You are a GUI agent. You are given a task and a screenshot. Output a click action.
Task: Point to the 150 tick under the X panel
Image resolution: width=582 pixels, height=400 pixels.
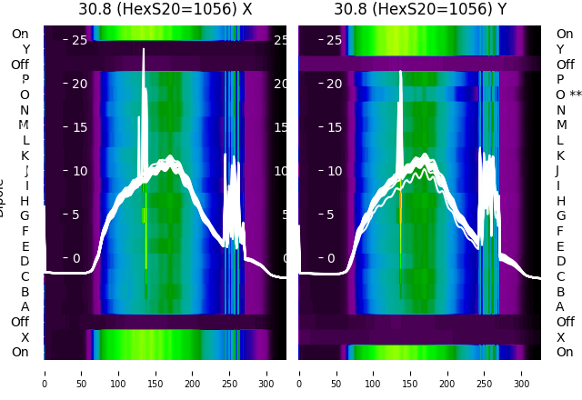[156, 373]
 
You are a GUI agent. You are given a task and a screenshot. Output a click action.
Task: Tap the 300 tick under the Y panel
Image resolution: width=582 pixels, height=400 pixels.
[522, 373]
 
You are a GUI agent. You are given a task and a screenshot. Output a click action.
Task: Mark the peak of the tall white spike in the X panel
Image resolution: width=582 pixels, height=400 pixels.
[144, 49]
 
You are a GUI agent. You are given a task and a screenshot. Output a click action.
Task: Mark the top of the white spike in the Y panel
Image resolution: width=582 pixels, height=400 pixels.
[401, 71]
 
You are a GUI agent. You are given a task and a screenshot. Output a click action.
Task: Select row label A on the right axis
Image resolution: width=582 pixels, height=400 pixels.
[560, 306]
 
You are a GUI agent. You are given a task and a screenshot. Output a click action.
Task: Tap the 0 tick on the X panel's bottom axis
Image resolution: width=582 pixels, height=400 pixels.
[44, 373]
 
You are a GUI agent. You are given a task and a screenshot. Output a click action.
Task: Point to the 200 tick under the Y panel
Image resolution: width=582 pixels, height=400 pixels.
[447, 373]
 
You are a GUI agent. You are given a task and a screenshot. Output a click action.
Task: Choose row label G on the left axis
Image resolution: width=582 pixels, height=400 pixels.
[25, 215]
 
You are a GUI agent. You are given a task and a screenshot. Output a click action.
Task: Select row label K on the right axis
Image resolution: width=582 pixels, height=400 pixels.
[560, 155]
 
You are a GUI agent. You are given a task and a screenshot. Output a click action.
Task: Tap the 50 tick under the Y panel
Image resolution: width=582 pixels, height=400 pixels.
[336, 373]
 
